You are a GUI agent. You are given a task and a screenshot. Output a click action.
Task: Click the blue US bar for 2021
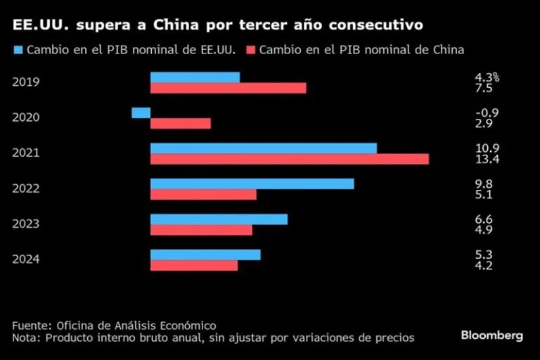[264, 148]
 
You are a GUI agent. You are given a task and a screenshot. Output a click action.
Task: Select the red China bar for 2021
[290, 160]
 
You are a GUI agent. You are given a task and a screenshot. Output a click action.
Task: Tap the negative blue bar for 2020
[141, 112]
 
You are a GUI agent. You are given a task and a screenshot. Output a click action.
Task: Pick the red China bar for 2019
[229, 88]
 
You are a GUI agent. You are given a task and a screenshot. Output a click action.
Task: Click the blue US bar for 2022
[252, 184]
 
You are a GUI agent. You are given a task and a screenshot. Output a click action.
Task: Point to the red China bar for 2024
[194, 266]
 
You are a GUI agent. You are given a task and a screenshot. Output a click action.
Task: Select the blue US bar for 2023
[219, 219]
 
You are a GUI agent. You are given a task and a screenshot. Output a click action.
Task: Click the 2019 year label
[26, 82]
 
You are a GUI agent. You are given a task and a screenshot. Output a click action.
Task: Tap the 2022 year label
[26, 188]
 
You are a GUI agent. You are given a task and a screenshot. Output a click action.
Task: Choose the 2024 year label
[26, 259]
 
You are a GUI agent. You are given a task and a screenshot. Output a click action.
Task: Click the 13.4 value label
[487, 160]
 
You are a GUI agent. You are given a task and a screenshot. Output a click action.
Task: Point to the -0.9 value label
[487, 112]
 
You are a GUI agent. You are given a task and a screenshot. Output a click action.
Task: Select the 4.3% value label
[487, 77]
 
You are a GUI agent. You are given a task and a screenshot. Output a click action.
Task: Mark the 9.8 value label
[484, 184]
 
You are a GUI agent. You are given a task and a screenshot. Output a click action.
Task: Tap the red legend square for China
[250, 50]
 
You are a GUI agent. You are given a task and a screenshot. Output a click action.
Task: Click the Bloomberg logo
[491, 335]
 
